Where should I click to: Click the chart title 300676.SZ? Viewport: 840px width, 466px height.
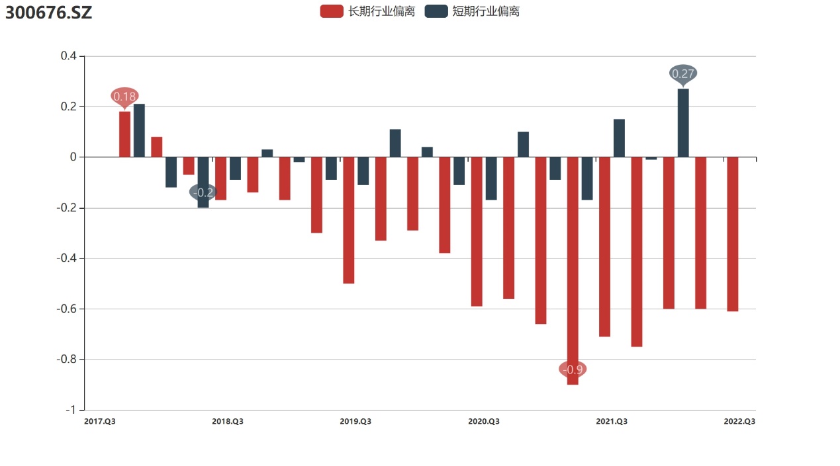(x=49, y=12)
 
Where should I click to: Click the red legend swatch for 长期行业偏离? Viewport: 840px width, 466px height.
(x=332, y=11)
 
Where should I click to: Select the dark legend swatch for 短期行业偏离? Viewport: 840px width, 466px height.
(x=436, y=11)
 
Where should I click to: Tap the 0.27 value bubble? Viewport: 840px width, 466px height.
(x=683, y=73)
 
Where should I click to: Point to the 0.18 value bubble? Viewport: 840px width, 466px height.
(x=124, y=97)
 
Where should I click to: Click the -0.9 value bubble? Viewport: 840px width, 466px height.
(x=573, y=369)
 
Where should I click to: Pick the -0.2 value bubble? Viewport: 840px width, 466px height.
(x=203, y=192)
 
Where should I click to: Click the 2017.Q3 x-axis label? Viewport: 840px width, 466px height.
(x=100, y=422)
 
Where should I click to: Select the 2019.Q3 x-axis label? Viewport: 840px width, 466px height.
(x=355, y=422)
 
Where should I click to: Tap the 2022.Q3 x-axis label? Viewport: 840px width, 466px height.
(x=739, y=422)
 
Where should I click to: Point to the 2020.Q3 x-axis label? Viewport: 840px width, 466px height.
(x=484, y=422)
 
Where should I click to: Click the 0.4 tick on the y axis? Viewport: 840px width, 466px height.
(x=69, y=56)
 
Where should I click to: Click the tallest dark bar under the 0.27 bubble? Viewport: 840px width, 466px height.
(x=683, y=123)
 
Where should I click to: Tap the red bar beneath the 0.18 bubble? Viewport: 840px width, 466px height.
(x=124, y=134)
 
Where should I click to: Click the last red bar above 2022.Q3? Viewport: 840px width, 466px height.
(x=732, y=234)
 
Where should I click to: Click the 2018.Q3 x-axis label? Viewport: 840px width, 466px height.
(x=228, y=422)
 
